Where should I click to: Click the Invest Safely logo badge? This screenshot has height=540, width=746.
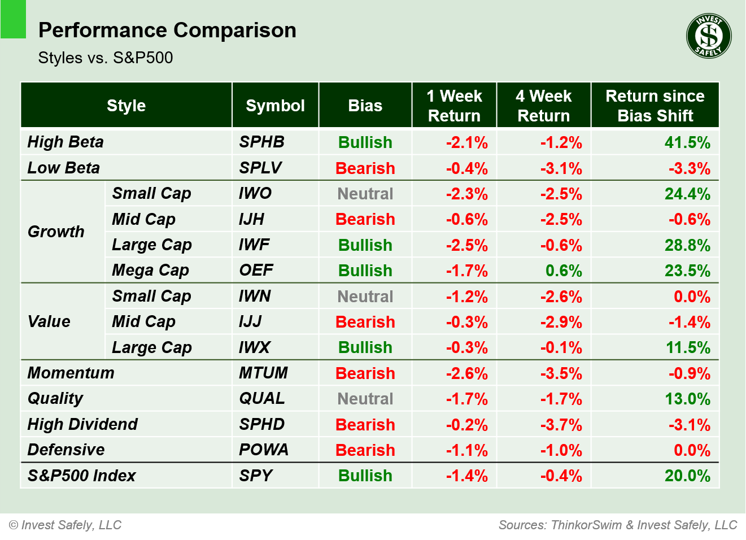(x=709, y=36)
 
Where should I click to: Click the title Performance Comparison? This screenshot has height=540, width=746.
(x=167, y=30)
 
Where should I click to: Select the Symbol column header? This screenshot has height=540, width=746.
(x=275, y=106)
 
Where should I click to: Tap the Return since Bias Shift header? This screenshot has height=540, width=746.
(x=655, y=106)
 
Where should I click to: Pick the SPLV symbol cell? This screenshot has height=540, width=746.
(x=260, y=168)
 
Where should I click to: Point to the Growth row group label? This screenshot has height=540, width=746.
(x=56, y=232)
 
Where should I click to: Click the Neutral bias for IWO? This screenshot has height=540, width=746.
(x=365, y=194)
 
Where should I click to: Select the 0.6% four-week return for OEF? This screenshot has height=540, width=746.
(x=563, y=271)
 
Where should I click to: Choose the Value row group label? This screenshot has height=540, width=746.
(x=49, y=321)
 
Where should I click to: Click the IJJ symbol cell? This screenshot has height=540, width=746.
(x=250, y=321)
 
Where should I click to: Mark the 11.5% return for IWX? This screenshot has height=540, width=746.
(x=687, y=347)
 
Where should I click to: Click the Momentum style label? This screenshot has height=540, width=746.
(x=71, y=373)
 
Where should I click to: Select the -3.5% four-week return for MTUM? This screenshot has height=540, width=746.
(x=560, y=373)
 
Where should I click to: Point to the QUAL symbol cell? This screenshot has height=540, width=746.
(x=262, y=398)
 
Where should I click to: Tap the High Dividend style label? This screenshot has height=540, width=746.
(x=82, y=424)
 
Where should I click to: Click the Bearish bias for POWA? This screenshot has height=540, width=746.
(x=365, y=450)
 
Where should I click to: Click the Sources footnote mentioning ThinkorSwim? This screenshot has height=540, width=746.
(x=617, y=525)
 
